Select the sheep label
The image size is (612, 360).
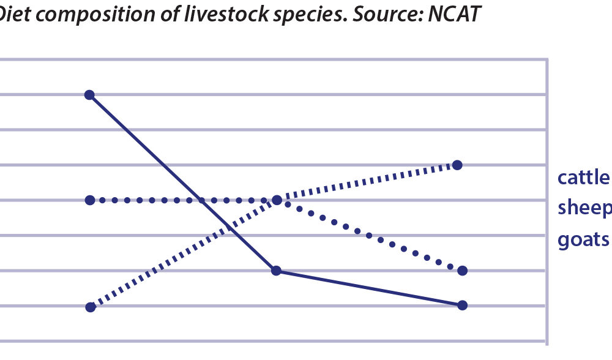585,209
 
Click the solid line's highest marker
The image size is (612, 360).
89,94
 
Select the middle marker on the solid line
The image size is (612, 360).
276,271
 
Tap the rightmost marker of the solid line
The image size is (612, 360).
462,305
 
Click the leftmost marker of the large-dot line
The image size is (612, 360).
90,200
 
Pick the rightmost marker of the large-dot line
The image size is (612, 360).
462,270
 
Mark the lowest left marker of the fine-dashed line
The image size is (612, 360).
91,307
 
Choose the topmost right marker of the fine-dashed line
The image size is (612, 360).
457,165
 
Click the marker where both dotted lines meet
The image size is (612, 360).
277,200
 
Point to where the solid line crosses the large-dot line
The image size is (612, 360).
201,200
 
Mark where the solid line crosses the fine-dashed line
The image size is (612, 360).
230,227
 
